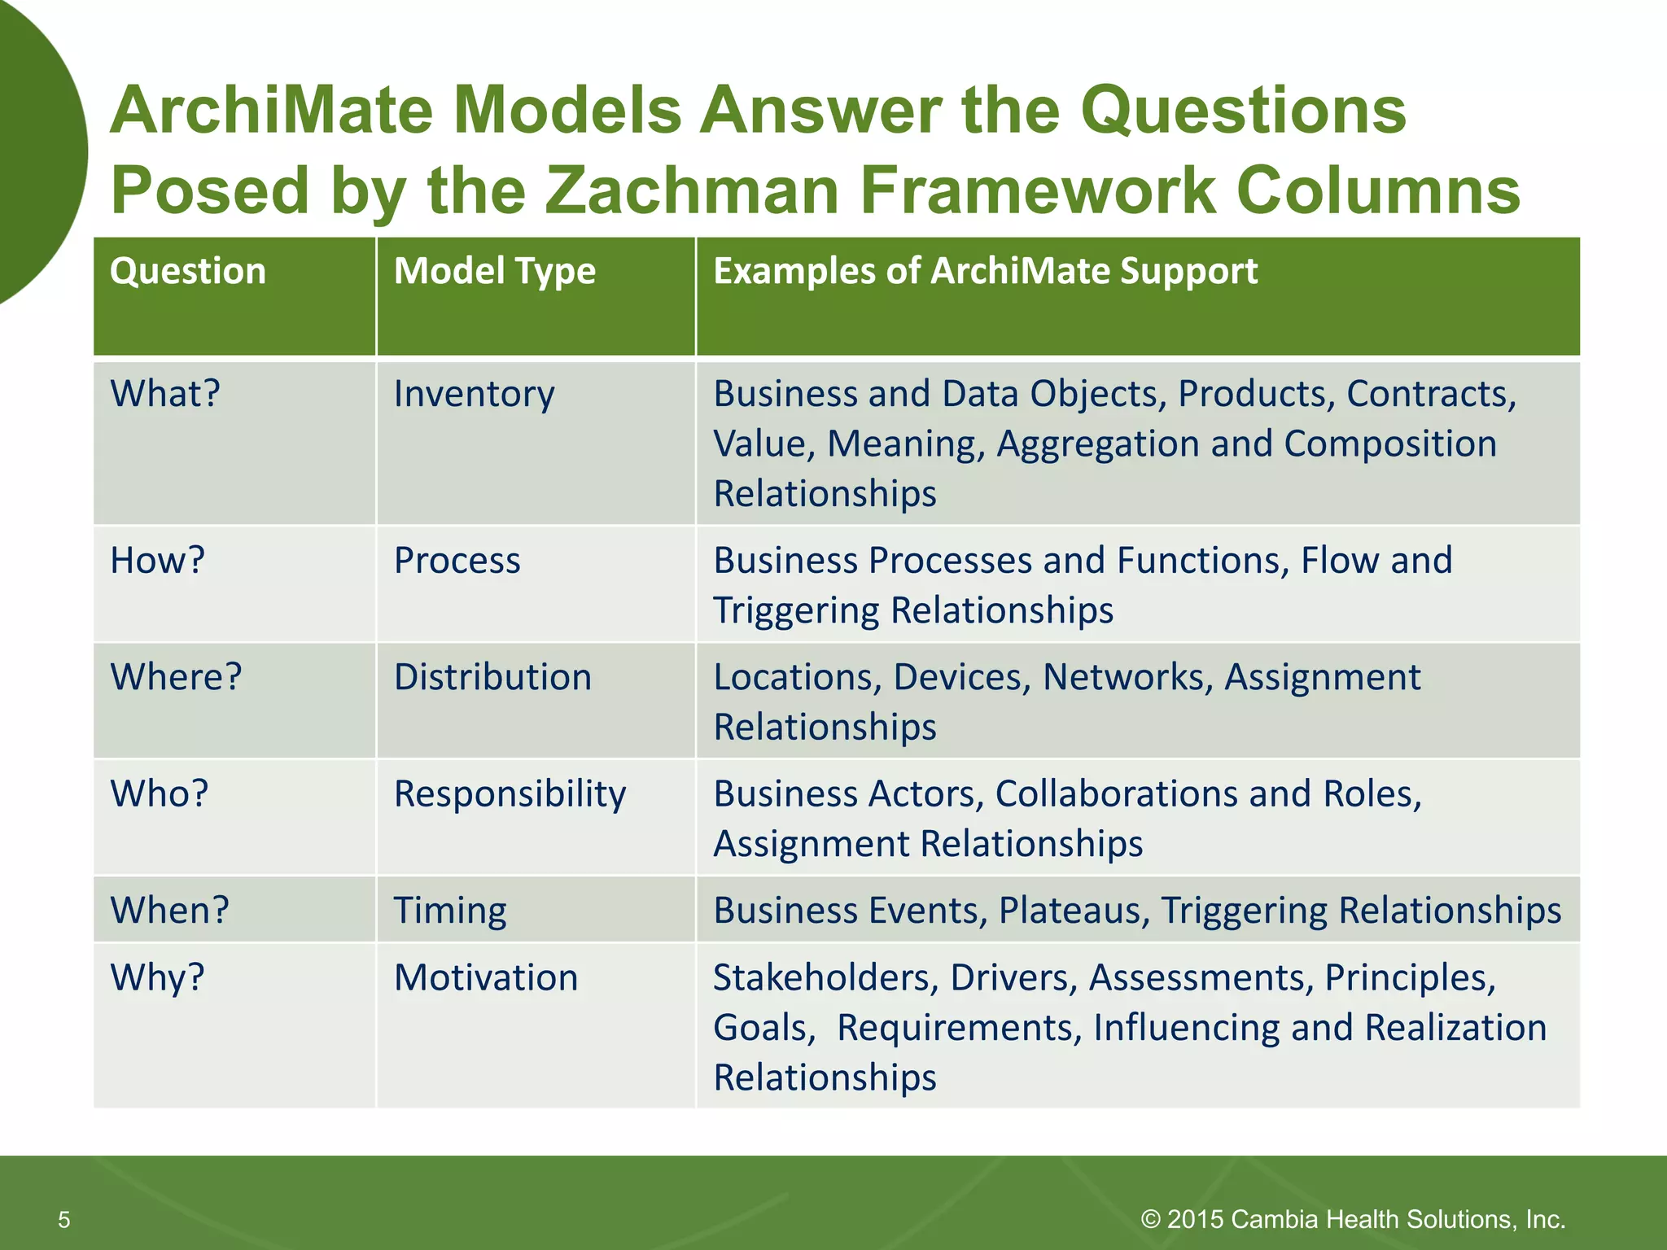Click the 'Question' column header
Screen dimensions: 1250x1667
(x=188, y=271)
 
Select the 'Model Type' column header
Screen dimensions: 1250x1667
(x=495, y=271)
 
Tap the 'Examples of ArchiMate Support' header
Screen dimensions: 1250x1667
(x=985, y=271)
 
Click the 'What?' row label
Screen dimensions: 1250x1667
(x=165, y=394)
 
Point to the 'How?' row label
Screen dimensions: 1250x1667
(x=157, y=561)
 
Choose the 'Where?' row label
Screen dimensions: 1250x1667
(x=176, y=677)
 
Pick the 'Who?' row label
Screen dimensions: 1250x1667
(x=160, y=793)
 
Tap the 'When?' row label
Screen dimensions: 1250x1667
(x=169, y=910)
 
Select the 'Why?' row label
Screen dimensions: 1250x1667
(x=157, y=977)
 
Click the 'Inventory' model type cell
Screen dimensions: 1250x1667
(x=474, y=394)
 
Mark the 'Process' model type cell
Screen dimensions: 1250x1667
(x=457, y=561)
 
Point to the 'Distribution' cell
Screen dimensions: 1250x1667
(x=492, y=677)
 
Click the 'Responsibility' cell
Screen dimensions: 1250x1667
(x=510, y=794)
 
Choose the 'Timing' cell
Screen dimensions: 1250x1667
(x=450, y=911)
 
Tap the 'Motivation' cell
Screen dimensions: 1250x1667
(x=486, y=977)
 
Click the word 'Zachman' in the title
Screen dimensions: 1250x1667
(x=691, y=190)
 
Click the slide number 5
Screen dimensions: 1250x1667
(x=64, y=1219)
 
